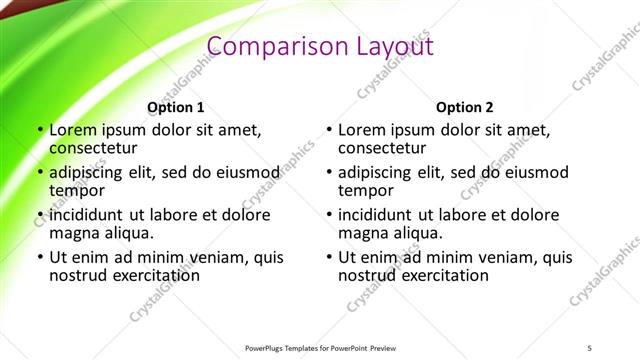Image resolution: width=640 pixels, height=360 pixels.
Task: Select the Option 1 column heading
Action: (176, 107)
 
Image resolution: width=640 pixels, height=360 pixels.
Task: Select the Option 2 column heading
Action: (465, 107)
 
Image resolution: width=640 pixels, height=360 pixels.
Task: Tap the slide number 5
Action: (590, 347)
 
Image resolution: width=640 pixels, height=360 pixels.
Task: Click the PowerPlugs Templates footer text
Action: (320, 347)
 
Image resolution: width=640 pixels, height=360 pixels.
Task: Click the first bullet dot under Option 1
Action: (40, 130)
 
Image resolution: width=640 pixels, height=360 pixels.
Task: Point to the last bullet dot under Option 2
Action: (329, 257)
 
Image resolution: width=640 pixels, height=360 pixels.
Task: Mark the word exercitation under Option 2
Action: (441, 274)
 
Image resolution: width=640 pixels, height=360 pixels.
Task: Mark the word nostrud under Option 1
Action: (78, 274)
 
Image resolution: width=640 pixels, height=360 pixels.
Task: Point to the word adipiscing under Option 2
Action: (379, 172)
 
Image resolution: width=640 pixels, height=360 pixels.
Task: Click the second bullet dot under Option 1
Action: (40, 172)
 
